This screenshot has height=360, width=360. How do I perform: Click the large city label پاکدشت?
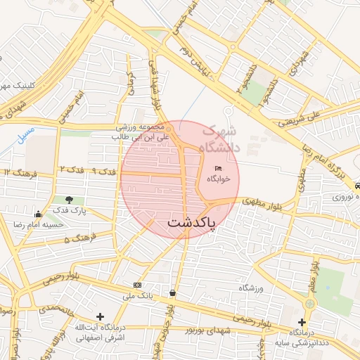(x=192, y=222)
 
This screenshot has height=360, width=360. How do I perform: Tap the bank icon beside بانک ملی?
(x=137, y=285)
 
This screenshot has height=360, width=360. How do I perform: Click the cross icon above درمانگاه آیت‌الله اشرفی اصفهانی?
(x=100, y=317)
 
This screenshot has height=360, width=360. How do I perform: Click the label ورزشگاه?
(x=252, y=288)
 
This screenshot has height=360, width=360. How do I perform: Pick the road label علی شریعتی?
(x=314, y=117)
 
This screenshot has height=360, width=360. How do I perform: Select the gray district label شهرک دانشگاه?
(x=219, y=139)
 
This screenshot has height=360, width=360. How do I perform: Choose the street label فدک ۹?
(x=103, y=172)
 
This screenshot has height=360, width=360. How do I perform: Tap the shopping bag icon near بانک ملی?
(x=173, y=292)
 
